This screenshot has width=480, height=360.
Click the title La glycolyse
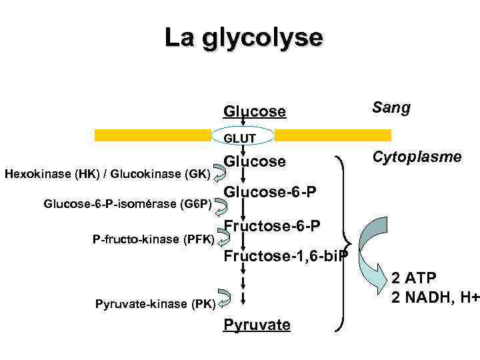coord(243,38)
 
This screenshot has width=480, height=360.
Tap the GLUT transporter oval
coord(243,137)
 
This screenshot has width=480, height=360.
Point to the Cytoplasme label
coord(417,157)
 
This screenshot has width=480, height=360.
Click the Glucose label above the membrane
coord(255,111)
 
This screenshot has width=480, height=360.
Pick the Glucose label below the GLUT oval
coord(255,162)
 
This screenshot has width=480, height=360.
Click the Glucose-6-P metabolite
coord(269,192)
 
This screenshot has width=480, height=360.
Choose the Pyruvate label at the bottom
coord(257,325)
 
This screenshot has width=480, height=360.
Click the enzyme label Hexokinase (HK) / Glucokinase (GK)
coord(108,175)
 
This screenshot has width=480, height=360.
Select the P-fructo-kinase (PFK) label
coord(153,238)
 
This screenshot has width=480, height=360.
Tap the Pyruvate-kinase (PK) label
coord(155,305)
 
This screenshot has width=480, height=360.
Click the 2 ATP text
coord(413,277)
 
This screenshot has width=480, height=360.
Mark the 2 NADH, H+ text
coord(435,296)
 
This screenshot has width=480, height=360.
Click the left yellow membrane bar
coord(157,135)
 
